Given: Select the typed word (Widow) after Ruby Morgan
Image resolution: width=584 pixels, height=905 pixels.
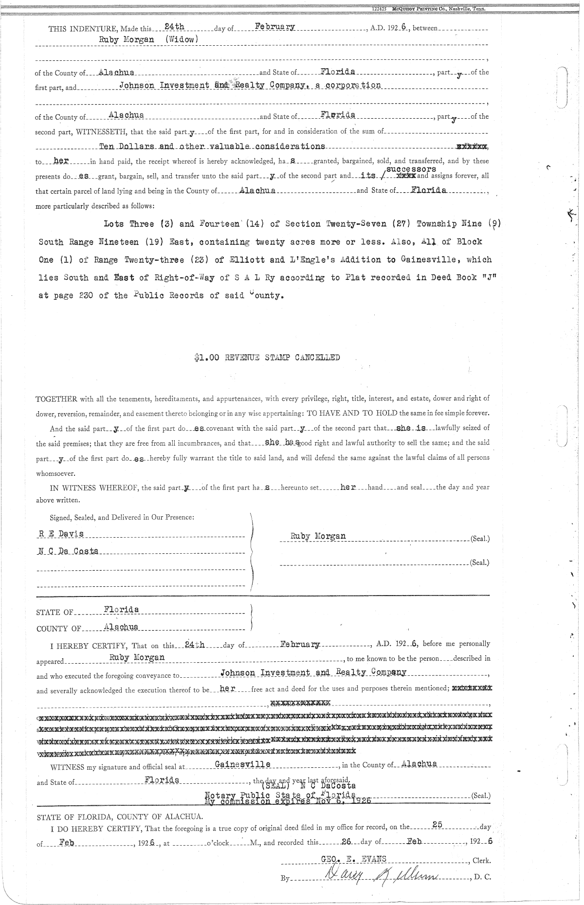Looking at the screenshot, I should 181,40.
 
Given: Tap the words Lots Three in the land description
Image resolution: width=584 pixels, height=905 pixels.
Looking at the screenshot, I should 122,224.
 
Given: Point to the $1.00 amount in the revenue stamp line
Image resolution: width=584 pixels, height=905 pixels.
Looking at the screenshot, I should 204,358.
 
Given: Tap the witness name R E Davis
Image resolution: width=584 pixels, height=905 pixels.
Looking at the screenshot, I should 61,534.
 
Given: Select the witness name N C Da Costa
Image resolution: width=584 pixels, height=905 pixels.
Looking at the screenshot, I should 68,551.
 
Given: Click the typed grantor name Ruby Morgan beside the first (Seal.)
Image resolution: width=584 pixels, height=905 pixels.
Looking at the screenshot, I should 318,536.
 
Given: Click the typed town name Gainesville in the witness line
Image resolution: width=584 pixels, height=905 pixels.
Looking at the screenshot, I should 242,764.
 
